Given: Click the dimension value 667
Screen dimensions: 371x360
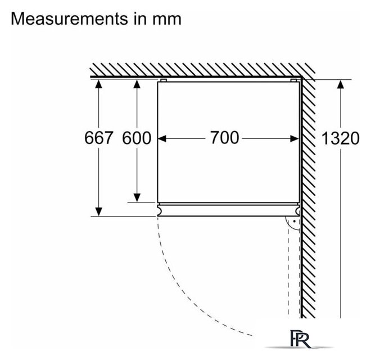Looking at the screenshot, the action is point(99,138).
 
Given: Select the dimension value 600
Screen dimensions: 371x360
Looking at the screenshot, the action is point(137,138).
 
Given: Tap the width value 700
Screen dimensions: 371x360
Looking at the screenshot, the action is point(225,138).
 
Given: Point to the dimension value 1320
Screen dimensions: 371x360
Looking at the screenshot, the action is point(341,138).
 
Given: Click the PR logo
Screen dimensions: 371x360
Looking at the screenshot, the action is point(300,339).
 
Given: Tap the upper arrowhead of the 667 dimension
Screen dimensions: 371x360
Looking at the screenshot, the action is point(98,84).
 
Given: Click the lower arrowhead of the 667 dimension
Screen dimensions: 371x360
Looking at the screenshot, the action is point(98,211).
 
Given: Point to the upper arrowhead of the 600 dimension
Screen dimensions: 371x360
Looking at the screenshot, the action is point(137,84).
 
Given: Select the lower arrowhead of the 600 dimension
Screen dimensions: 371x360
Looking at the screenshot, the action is point(137,198).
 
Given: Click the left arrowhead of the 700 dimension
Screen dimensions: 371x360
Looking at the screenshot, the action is point(162,139).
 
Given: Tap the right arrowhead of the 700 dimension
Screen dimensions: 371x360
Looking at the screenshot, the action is point(295,139).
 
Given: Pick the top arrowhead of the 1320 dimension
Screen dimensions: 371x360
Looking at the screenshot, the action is point(341,84).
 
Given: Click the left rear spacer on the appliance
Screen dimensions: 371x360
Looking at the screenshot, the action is point(164,80).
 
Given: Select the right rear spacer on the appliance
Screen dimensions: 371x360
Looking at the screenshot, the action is point(293,80).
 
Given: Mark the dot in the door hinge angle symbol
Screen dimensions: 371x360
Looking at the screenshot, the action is point(294,221).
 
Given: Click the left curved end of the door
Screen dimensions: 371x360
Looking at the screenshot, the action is point(160,210).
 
